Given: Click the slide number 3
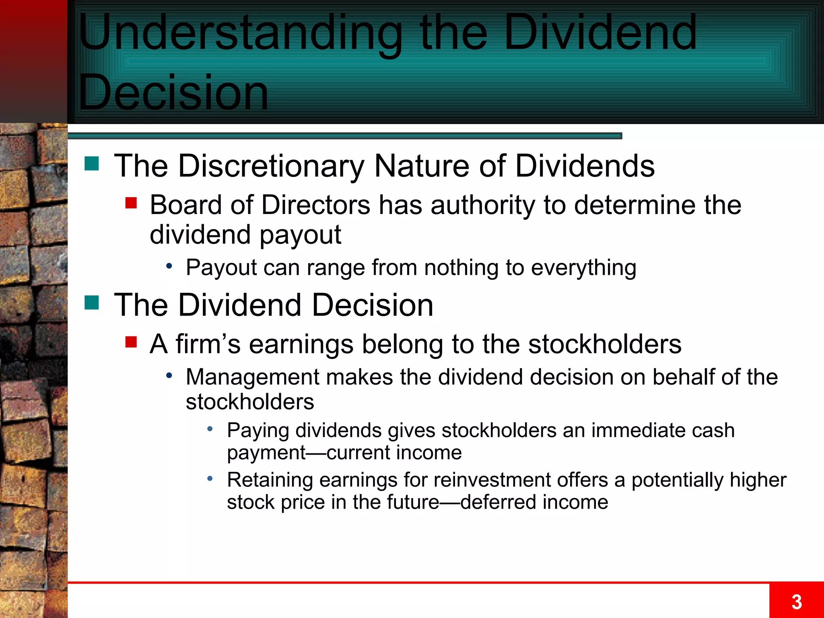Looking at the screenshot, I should click(x=796, y=602).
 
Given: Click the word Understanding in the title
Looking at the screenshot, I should click(x=240, y=34).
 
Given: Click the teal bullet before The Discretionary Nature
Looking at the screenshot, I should click(x=92, y=163).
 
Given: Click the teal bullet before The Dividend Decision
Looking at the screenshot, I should click(x=92, y=303).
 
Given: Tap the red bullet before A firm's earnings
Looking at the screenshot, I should click(x=131, y=342).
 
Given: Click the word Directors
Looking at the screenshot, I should click(x=315, y=205).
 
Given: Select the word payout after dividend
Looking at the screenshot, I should click(x=300, y=235).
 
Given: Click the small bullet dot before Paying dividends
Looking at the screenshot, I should click(x=210, y=429).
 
